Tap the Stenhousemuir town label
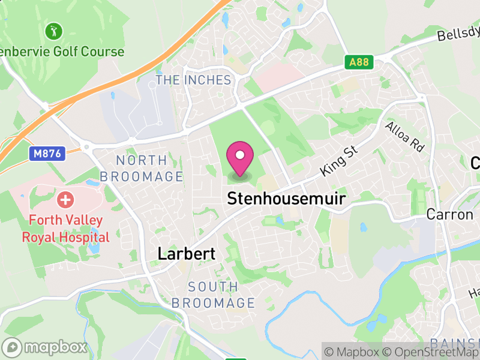pos(286,199)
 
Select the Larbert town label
pos(186,254)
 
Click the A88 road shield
pos(360,62)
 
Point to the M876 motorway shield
pos(46,154)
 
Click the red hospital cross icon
pos(65,199)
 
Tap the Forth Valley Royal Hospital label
pos(66,229)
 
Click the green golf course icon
pos(54,30)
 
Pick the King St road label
pos(339,159)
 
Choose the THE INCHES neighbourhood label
pos(193,80)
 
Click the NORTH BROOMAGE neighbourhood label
pos(142,169)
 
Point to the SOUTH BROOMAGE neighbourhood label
pos(213,295)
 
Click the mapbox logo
pos(45,347)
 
